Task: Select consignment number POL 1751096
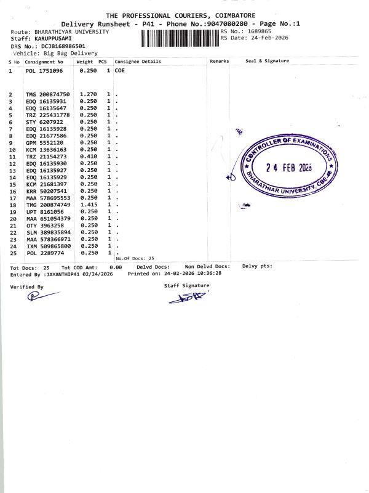pos(44,71)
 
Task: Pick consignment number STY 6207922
pos(41,122)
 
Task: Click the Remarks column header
pos(220,62)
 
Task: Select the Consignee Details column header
pos(138,62)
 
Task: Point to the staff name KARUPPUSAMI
pos(55,38)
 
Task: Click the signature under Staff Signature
pos(184,299)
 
